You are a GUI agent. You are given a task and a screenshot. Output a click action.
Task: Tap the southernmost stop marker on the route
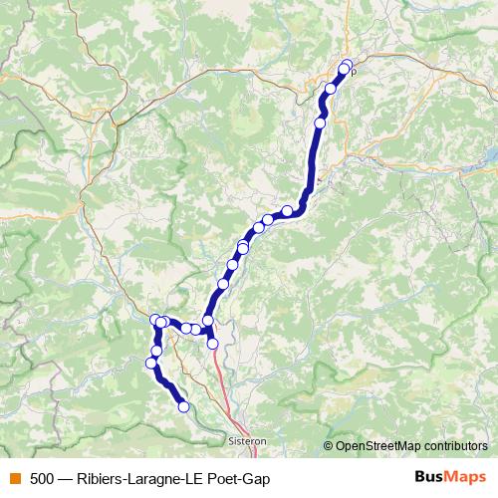183,406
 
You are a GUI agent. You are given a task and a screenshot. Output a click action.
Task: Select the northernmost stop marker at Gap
347,66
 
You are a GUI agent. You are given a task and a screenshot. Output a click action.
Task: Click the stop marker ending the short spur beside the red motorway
212,344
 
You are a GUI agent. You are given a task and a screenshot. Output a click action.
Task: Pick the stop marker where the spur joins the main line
208,321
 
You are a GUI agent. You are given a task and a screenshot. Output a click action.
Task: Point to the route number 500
42,478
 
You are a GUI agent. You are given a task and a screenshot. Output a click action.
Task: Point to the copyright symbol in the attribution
329,446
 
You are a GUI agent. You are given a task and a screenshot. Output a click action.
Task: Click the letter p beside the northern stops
353,71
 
